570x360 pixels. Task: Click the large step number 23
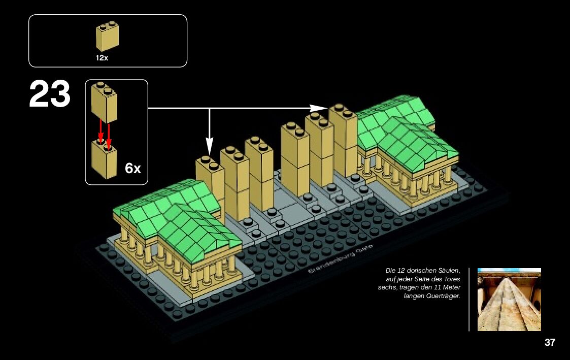tap(49, 94)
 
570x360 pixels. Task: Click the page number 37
tap(550, 343)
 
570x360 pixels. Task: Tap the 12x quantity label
tap(102, 58)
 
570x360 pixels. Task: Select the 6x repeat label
tap(133, 169)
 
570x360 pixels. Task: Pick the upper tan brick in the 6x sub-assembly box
tap(104, 102)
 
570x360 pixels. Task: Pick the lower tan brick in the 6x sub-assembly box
tap(104, 159)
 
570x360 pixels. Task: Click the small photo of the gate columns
tap(509, 300)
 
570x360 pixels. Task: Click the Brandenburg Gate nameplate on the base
tap(340, 259)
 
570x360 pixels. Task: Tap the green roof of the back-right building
tap(406, 132)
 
